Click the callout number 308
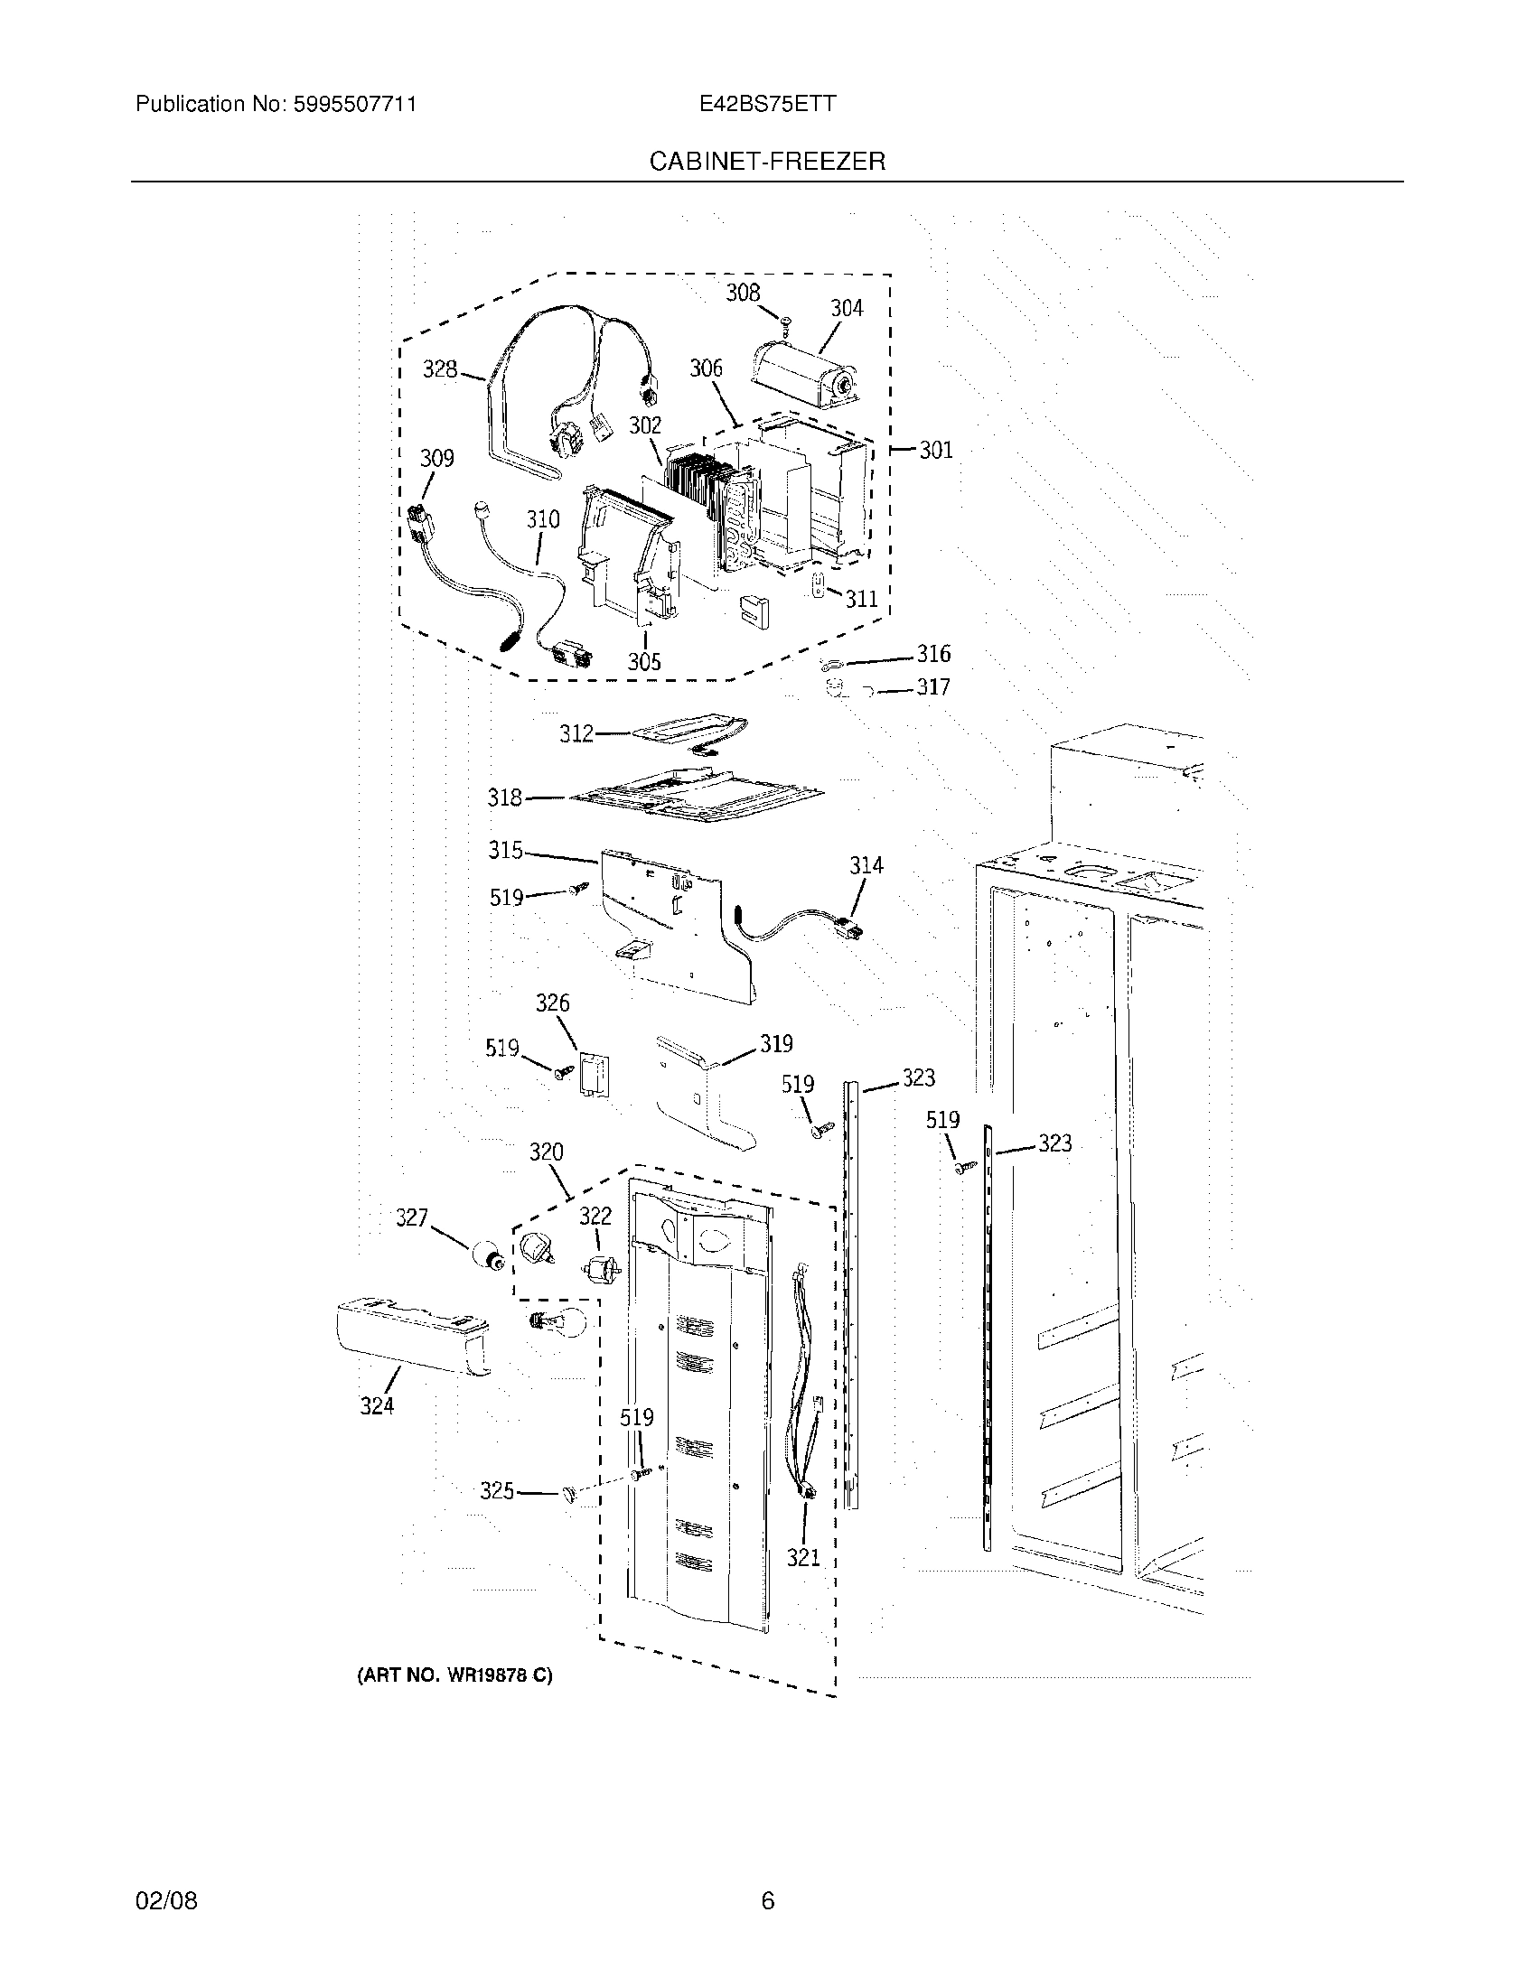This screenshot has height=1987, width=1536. tap(742, 292)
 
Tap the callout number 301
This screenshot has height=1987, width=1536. tap(935, 450)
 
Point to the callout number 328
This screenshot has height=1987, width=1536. tap(439, 369)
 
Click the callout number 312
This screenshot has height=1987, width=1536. tap(576, 733)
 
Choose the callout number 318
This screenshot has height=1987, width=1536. tap(505, 798)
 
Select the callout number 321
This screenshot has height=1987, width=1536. tap(803, 1559)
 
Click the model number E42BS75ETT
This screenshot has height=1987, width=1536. tap(767, 104)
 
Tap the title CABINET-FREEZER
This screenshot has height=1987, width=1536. tap(766, 162)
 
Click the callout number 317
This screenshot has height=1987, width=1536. tap(932, 687)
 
